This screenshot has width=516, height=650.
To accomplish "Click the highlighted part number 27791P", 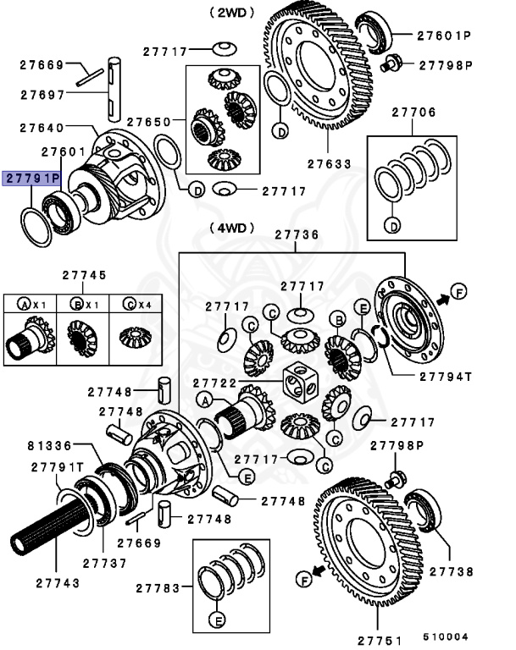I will pos(32,179).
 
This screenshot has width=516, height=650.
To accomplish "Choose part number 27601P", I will pos(443,36).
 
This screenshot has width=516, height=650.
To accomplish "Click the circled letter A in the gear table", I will pos(25,303).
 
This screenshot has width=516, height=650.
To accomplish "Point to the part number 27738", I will pos(452,572).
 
